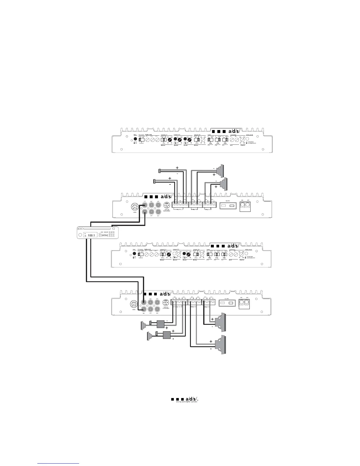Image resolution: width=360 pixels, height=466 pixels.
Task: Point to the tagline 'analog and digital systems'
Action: pyautogui.click(x=185, y=402)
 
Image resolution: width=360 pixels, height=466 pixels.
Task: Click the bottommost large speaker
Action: pyautogui.click(x=221, y=344)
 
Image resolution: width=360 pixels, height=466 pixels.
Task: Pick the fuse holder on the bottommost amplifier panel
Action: pyautogui.click(x=227, y=302)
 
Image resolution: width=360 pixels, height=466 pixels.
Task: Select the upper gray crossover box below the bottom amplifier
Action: pyautogui.click(x=160, y=324)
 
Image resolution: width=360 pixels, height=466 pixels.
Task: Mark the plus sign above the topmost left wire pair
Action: pyautogui.click(x=177, y=167)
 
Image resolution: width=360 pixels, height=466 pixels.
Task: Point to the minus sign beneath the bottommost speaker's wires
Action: pyautogui.click(x=211, y=349)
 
